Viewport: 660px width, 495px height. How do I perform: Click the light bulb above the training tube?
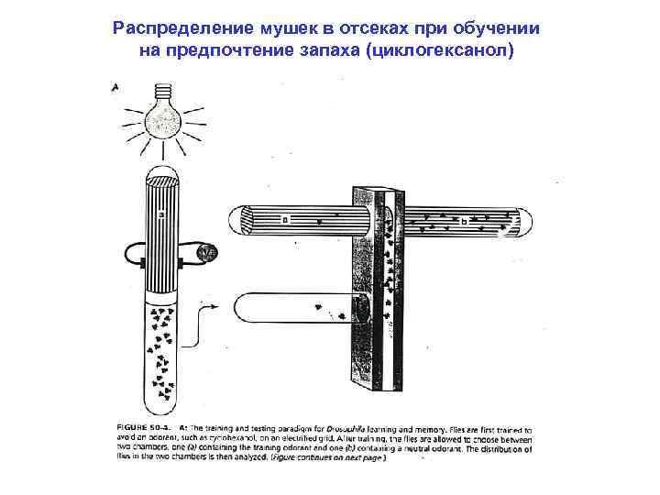[166, 116]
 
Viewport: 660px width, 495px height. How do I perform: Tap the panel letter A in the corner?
[115, 88]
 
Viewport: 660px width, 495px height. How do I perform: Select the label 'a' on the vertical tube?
[159, 215]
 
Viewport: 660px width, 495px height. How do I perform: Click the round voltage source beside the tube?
[207, 254]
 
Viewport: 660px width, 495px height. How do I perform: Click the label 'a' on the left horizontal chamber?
[284, 220]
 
